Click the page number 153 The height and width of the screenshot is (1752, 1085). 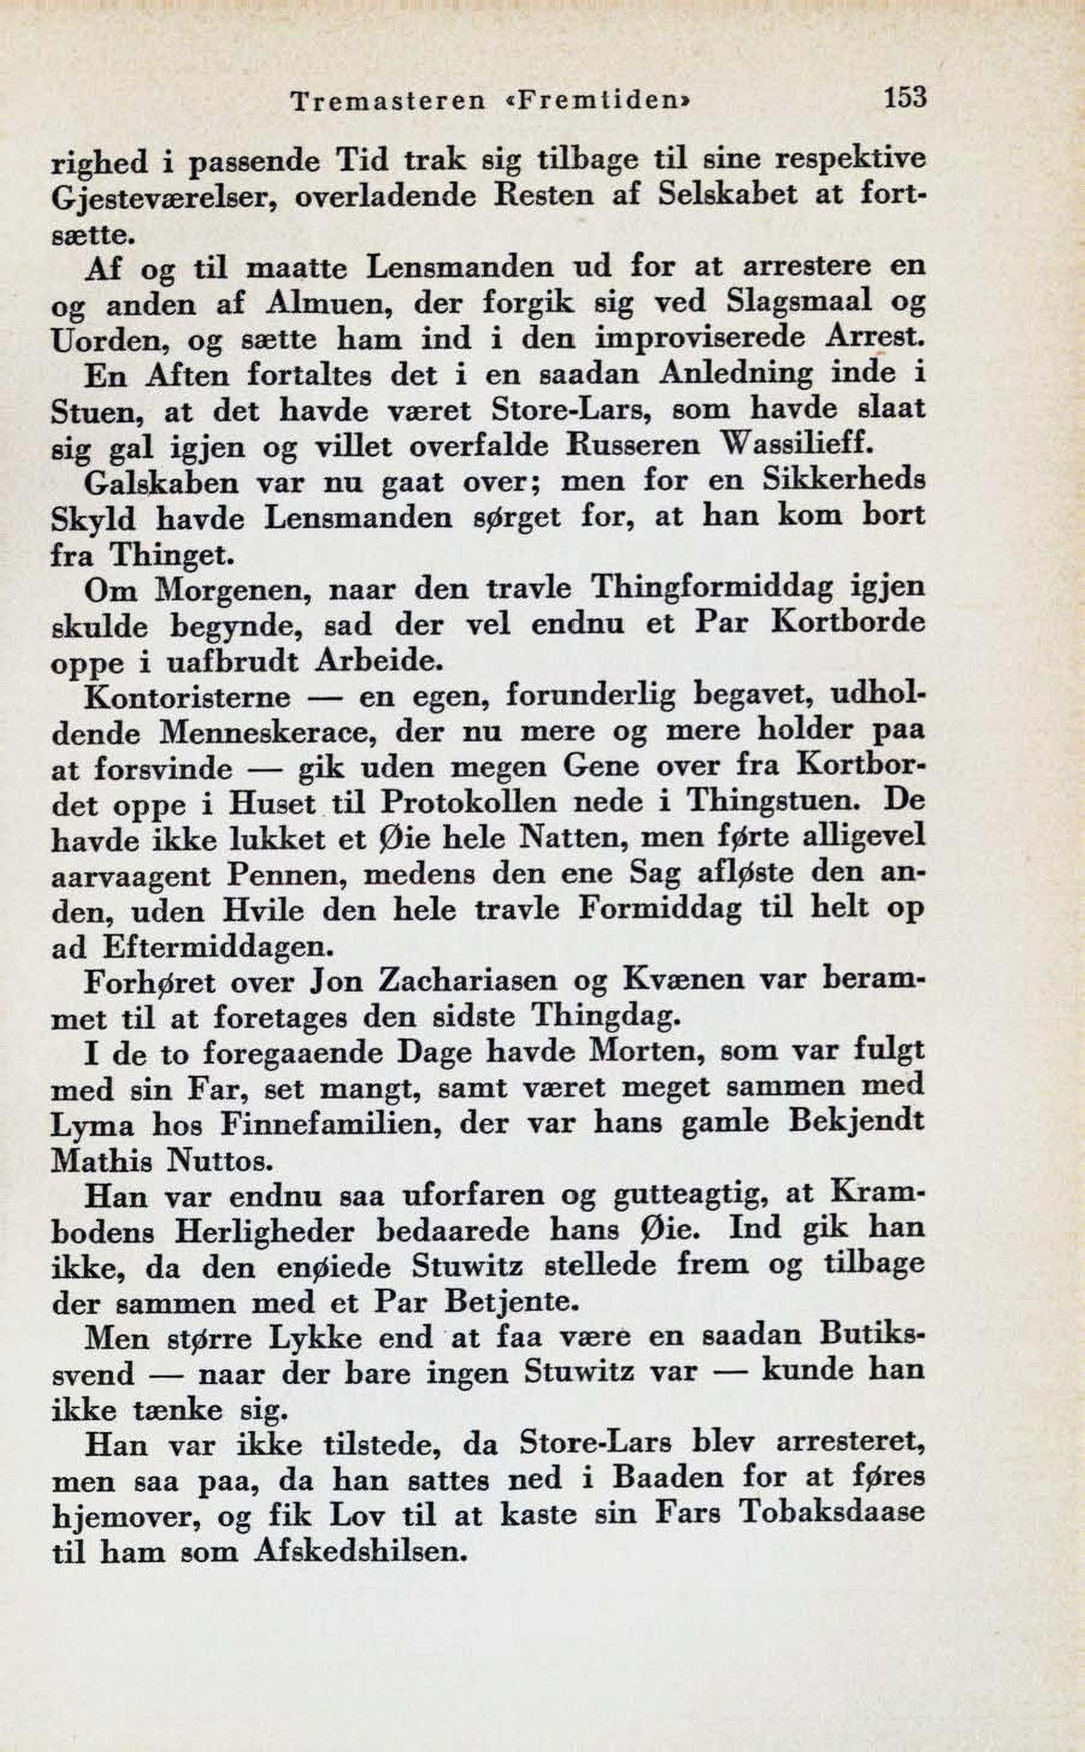click(905, 98)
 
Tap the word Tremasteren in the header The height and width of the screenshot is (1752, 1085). click(388, 100)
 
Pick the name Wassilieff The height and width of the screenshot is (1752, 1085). click(794, 444)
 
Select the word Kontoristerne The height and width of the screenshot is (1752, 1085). click(187, 696)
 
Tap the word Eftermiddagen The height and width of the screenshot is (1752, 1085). click(217, 947)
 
